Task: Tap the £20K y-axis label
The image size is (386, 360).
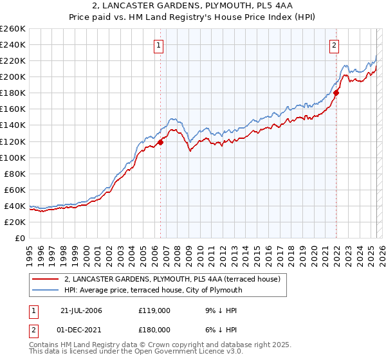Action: pos(15,222)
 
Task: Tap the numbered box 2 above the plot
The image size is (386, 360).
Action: pos(335,45)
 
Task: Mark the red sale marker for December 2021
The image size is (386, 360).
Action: pos(336,93)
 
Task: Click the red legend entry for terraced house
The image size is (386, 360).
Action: pos(172,280)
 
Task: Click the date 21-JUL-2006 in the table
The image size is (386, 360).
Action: pos(81,310)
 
